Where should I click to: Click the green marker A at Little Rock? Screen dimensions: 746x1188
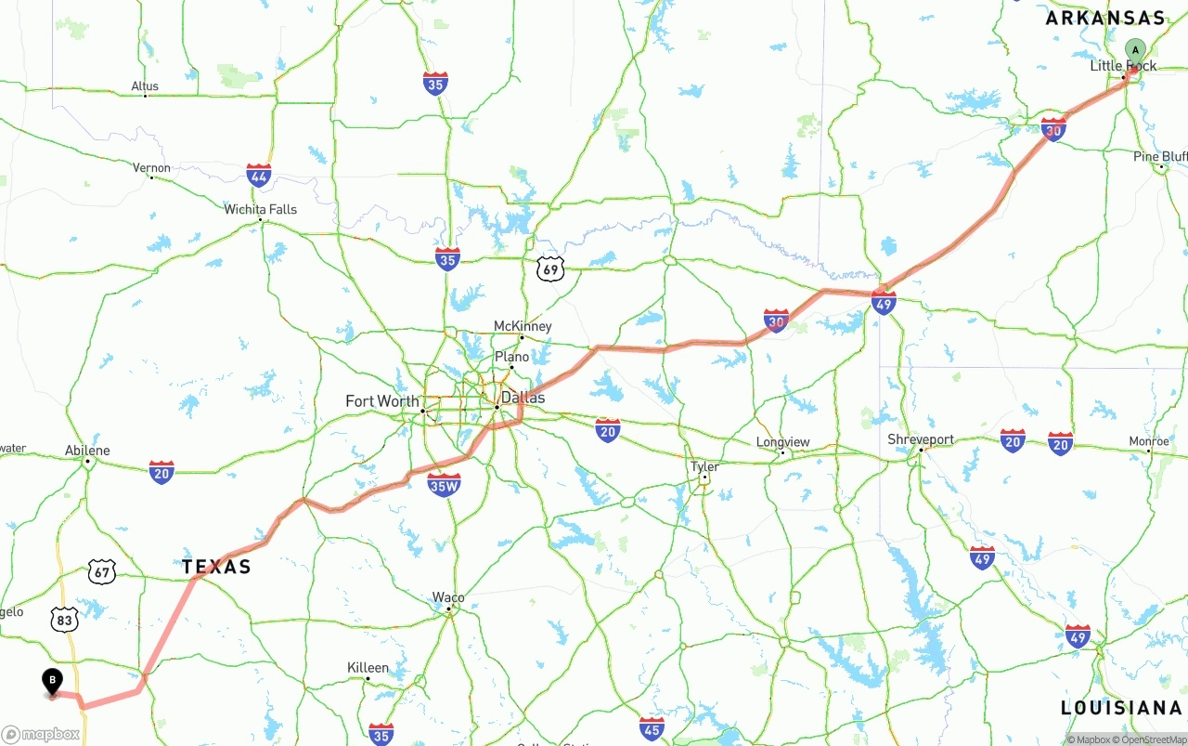(1134, 50)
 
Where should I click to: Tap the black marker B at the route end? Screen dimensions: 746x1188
(52, 682)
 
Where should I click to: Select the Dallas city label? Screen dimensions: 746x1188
(523, 398)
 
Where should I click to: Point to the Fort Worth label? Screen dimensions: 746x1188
(381, 401)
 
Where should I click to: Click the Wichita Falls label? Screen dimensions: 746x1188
(260, 209)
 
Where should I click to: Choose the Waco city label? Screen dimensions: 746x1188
(448, 597)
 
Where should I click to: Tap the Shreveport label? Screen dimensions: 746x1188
(921, 439)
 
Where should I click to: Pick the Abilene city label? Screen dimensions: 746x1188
(87, 451)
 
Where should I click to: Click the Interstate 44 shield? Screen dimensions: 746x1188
(259, 175)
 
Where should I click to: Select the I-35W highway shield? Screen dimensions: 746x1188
(445, 484)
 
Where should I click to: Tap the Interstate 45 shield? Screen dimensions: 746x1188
(652, 728)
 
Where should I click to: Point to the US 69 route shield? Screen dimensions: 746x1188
(550, 269)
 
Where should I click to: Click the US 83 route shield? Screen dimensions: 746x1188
(64, 620)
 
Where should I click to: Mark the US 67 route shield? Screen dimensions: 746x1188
(102, 571)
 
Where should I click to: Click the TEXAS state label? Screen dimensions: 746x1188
(216, 567)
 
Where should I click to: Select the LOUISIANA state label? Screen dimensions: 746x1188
(1121, 708)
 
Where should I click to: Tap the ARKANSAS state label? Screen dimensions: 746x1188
(1104, 18)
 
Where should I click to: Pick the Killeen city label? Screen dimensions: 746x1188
(368, 667)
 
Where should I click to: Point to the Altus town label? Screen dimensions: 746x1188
(145, 86)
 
